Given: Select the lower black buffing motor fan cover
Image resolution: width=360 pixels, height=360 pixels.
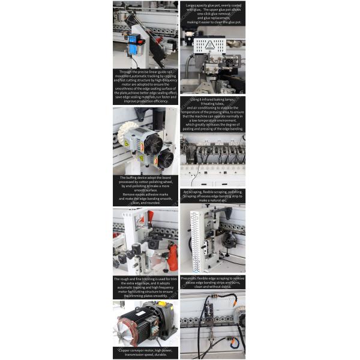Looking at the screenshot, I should pos(165,159).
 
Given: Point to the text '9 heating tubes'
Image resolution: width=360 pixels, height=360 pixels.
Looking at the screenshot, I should pos(213,104).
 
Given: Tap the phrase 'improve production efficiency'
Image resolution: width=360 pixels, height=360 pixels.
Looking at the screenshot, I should pos(145,101).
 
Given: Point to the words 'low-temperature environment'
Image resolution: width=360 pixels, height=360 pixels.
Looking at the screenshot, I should pos(214,120).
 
